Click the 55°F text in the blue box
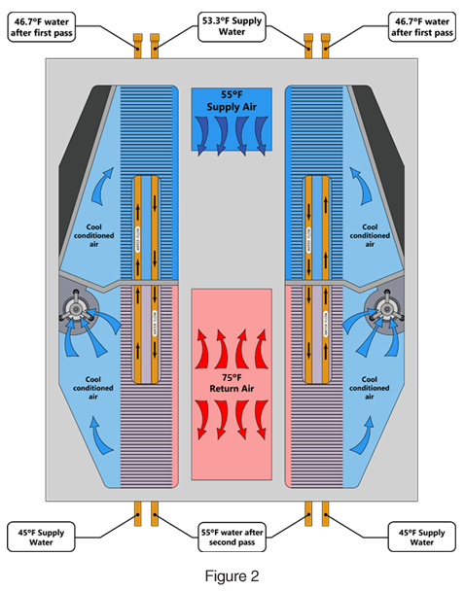[232, 98]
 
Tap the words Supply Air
[232, 110]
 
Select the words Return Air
[231, 389]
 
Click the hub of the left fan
[76, 310]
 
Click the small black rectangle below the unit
[232, 577]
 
